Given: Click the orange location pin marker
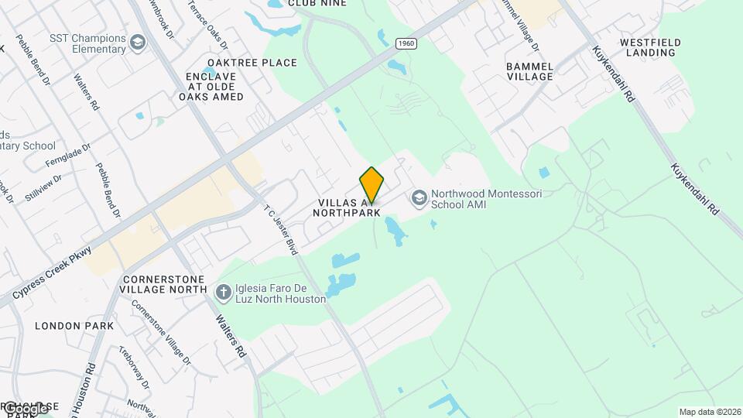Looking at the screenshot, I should pyautogui.click(x=371, y=184).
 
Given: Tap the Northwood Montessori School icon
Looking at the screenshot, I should pyautogui.click(x=419, y=198).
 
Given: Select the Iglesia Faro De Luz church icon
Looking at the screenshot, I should pyautogui.click(x=223, y=292).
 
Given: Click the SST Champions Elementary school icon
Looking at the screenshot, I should pyautogui.click(x=138, y=42).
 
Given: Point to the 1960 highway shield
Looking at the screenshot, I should pyautogui.click(x=405, y=43).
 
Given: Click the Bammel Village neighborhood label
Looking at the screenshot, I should pyautogui.click(x=529, y=71).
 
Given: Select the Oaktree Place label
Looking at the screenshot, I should pyautogui.click(x=252, y=63).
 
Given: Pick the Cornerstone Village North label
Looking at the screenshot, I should pyautogui.click(x=163, y=284).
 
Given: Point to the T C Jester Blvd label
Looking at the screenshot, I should pyautogui.click(x=280, y=230).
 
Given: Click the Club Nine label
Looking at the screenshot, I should pyautogui.click(x=317, y=4).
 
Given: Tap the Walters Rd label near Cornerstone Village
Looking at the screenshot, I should pyautogui.click(x=230, y=335).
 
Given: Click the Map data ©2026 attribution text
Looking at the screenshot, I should pyautogui.click(x=709, y=412).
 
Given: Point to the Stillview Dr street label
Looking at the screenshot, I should pyautogui.click(x=42, y=187).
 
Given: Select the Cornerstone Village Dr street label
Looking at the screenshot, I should pyautogui.click(x=160, y=331).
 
